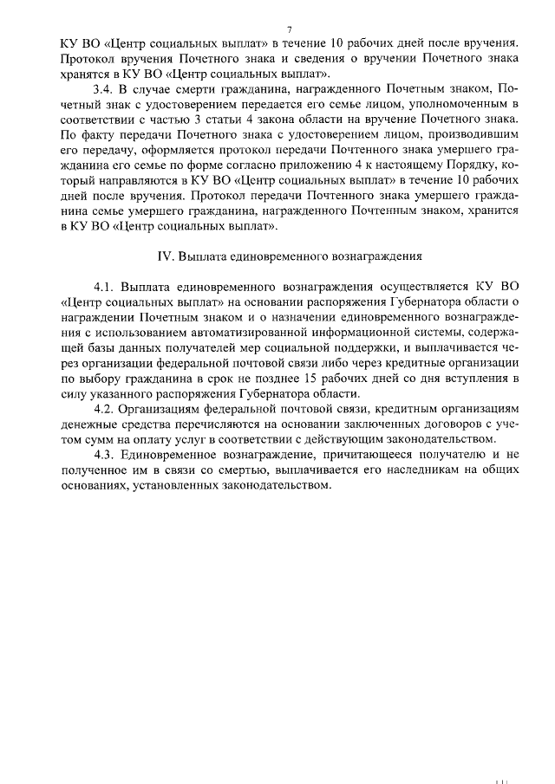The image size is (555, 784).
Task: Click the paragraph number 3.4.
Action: [x=103, y=89]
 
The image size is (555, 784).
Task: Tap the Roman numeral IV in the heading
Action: [x=164, y=257]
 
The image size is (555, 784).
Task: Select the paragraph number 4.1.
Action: [x=104, y=287]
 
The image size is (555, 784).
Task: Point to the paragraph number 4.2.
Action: [x=104, y=407]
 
